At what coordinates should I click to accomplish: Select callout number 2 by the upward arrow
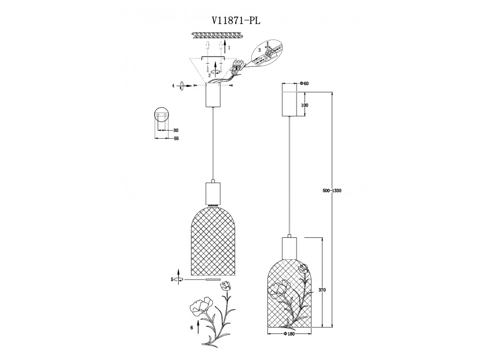(x=210, y=75)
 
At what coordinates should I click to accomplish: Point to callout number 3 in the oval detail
(x=259, y=49)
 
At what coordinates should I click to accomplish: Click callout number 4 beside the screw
(x=173, y=85)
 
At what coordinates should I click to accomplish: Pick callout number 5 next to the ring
(x=172, y=279)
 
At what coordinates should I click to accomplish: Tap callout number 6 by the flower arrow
(x=191, y=328)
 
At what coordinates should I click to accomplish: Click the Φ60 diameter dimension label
(x=305, y=84)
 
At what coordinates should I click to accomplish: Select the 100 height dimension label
(x=305, y=105)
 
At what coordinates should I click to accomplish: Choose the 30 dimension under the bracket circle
(x=176, y=130)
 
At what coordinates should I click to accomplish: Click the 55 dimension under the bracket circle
(x=176, y=139)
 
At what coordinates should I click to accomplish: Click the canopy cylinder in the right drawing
(x=289, y=103)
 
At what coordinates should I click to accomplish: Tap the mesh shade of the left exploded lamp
(x=213, y=240)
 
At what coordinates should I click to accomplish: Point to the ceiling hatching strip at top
(x=219, y=35)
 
